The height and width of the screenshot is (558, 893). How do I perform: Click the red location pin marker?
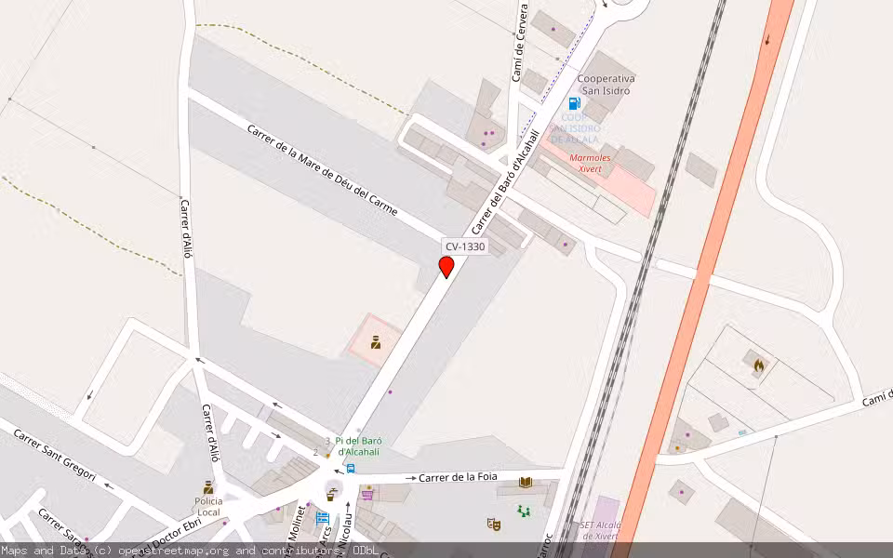[x=446, y=266]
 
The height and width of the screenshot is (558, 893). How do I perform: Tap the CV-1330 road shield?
[x=464, y=246]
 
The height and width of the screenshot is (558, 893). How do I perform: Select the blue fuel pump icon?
[x=574, y=103]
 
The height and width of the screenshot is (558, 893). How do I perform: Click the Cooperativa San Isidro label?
[x=606, y=85]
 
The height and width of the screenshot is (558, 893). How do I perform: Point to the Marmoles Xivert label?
[x=590, y=164]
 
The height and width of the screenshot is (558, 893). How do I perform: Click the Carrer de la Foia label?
[x=458, y=477]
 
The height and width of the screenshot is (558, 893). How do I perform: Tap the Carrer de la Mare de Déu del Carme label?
[x=322, y=169]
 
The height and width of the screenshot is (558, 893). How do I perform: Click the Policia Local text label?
[x=208, y=506]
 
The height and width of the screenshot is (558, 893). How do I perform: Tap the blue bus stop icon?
[x=351, y=469]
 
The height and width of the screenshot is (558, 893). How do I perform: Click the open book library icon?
[x=526, y=482]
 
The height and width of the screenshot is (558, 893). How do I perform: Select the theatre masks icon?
[x=493, y=524]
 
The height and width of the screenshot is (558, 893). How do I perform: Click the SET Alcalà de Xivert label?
[x=601, y=531]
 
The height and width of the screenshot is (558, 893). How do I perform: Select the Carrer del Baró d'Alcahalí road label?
[x=505, y=193]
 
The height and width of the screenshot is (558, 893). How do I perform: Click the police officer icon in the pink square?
[x=376, y=340]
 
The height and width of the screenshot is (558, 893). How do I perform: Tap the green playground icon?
[x=524, y=511]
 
